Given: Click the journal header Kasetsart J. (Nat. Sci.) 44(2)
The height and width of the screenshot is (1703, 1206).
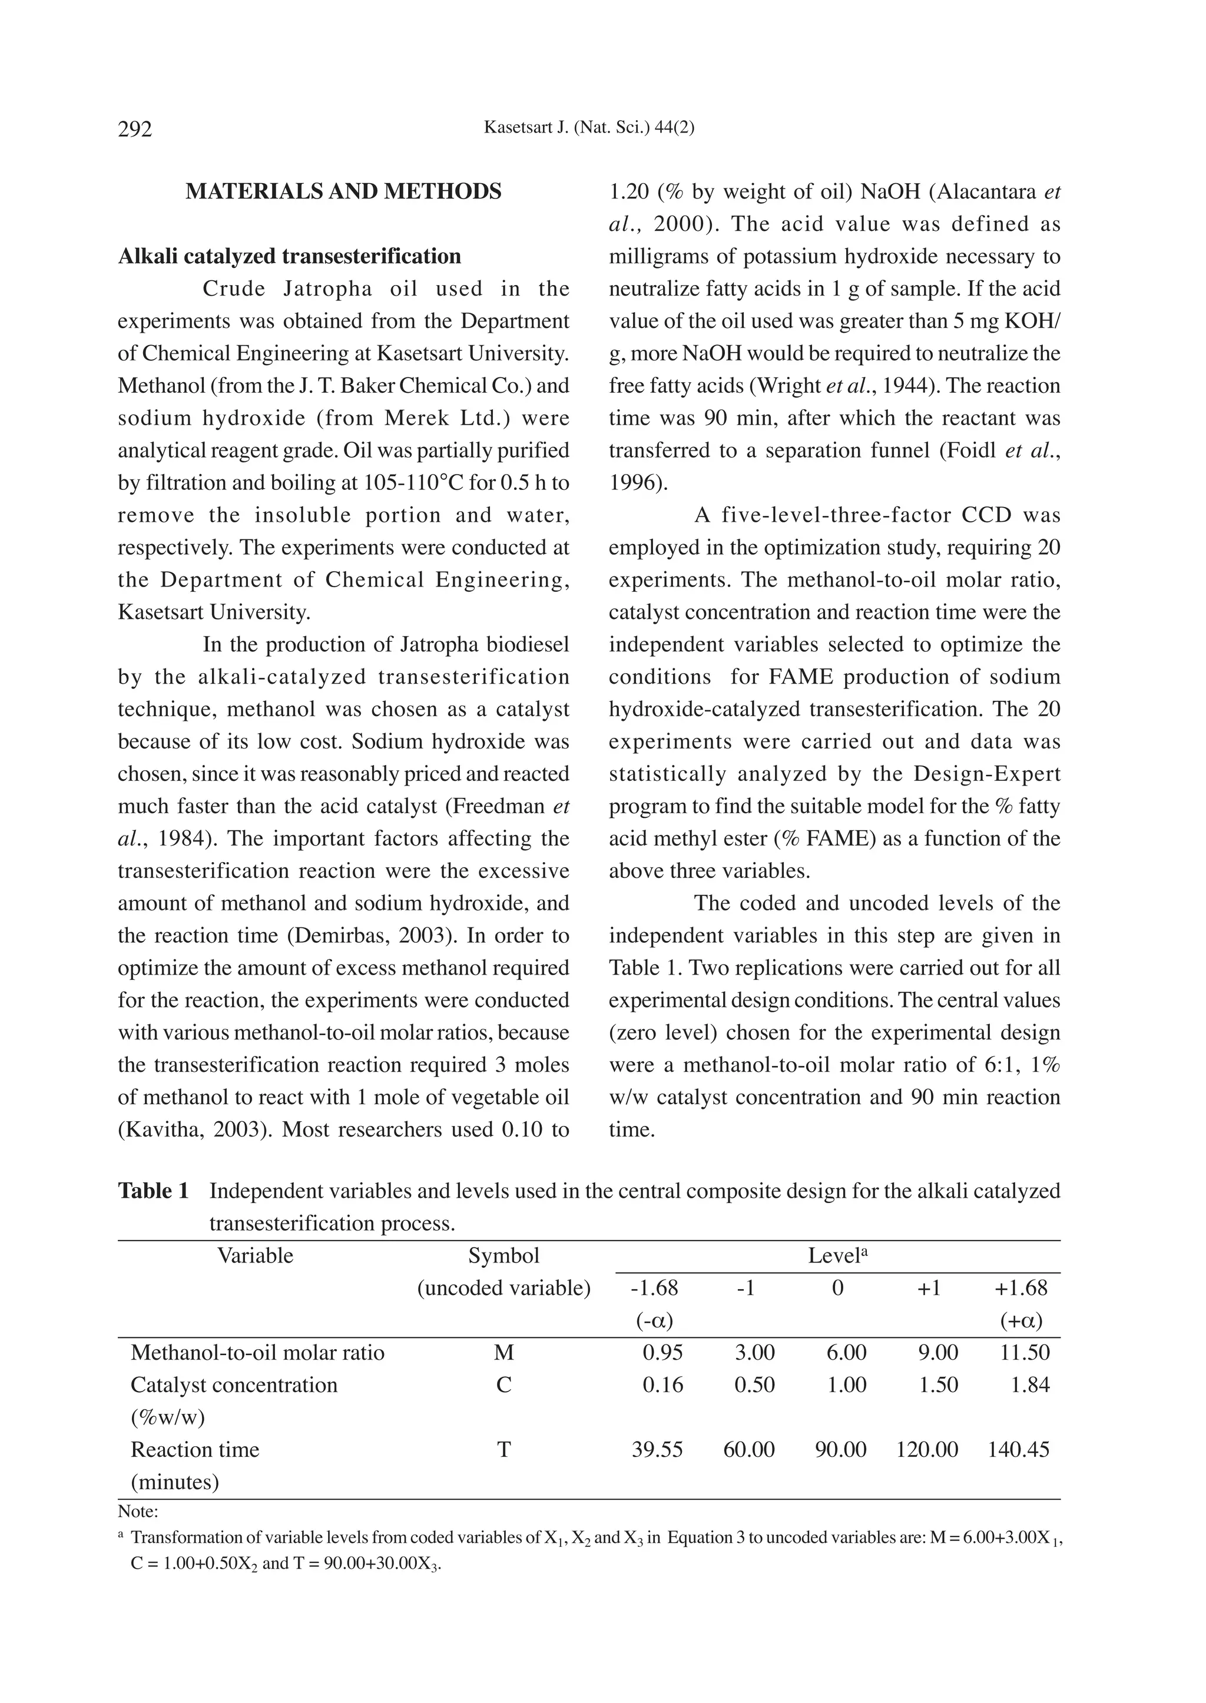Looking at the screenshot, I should point(589,128).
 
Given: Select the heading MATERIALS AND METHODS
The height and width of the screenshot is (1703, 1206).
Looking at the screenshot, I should point(343,191).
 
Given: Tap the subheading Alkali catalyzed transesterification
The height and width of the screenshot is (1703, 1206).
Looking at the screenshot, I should point(290,256).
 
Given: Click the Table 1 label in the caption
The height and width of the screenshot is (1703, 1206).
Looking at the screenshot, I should point(154,1191).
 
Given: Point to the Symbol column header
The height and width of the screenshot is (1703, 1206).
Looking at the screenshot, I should point(503,1256).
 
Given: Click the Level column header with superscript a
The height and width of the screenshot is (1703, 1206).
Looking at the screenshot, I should point(838,1256).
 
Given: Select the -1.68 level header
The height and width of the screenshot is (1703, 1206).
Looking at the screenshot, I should point(654,1288).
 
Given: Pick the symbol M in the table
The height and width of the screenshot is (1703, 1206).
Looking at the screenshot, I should point(503,1353).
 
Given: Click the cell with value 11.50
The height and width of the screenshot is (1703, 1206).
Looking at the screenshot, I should point(1024,1353).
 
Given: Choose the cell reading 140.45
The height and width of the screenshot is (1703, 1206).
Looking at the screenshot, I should point(1018,1450).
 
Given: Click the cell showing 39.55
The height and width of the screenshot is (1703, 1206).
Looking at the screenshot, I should point(657,1450).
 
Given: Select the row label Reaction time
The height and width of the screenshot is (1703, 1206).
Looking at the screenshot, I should point(194,1450).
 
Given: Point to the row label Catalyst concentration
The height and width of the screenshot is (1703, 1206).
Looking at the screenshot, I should point(234,1385).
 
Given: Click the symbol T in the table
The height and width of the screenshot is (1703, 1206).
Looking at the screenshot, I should point(503,1450).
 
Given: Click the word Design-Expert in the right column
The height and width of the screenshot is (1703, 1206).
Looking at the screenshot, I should point(986,774).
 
